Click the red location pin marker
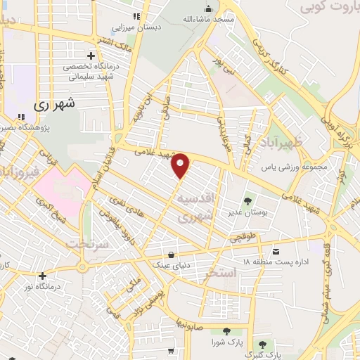(181, 165)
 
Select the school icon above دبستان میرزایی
(136, 15)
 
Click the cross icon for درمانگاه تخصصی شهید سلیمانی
(91, 56)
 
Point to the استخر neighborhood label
(214, 274)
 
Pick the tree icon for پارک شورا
(226, 331)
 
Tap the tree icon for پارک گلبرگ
(262, 345)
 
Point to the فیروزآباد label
(13, 172)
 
